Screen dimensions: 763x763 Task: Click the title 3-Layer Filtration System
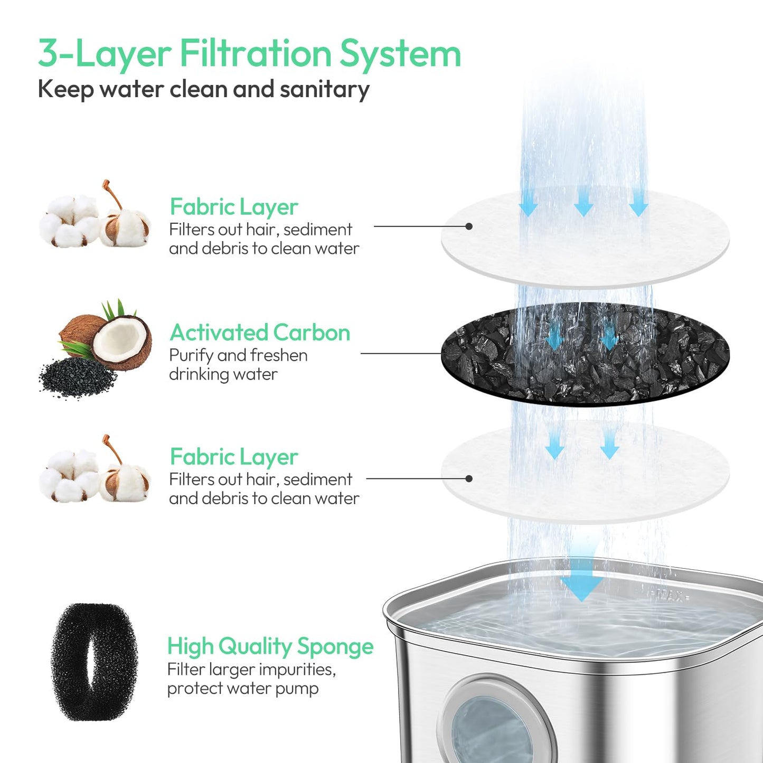click(249, 54)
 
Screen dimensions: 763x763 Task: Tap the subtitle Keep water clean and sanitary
click(203, 89)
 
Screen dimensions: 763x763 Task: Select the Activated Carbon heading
click(260, 333)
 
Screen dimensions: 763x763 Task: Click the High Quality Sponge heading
click(270, 646)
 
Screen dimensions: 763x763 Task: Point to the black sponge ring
click(94, 662)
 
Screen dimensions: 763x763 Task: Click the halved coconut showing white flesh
click(123, 342)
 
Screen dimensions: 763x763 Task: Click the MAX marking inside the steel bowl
click(671, 596)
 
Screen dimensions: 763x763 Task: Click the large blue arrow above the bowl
click(582, 581)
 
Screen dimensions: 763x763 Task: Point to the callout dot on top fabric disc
click(469, 227)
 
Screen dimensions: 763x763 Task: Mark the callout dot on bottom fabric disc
click(469, 479)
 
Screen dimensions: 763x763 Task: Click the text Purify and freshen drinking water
click(238, 365)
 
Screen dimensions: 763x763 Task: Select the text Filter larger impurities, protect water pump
click(251, 679)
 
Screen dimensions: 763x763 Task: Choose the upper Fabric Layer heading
click(234, 207)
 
